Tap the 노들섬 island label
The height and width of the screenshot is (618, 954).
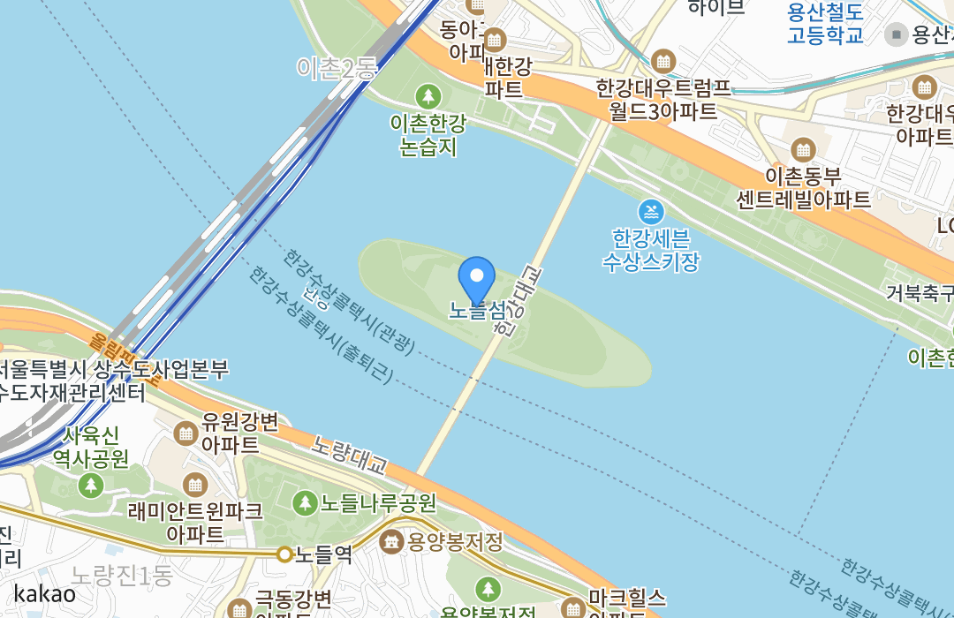tap(477, 311)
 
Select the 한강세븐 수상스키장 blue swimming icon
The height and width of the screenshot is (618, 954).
tap(651, 212)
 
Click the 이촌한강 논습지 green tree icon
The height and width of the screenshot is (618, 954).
tap(428, 96)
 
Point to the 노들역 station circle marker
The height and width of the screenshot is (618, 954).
tap(284, 554)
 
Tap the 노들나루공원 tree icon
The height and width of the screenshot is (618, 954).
tap(305, 503)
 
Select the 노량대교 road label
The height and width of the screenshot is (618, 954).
tap(349, 452)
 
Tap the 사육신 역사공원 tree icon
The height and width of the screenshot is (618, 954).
tap(90, 485)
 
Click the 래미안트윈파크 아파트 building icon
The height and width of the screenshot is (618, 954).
tap(194, 484)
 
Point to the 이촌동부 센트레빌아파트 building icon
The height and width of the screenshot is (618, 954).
tap(803, 149)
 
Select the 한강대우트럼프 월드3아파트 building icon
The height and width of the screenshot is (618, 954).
tap(663, 62)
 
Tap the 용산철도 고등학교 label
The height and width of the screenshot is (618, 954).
tap(825, 24)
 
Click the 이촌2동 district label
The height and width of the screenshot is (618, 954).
tap(337, 68)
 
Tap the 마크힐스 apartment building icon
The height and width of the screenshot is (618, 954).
tap(575, 607)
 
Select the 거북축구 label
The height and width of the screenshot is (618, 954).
tap(919, 293)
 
